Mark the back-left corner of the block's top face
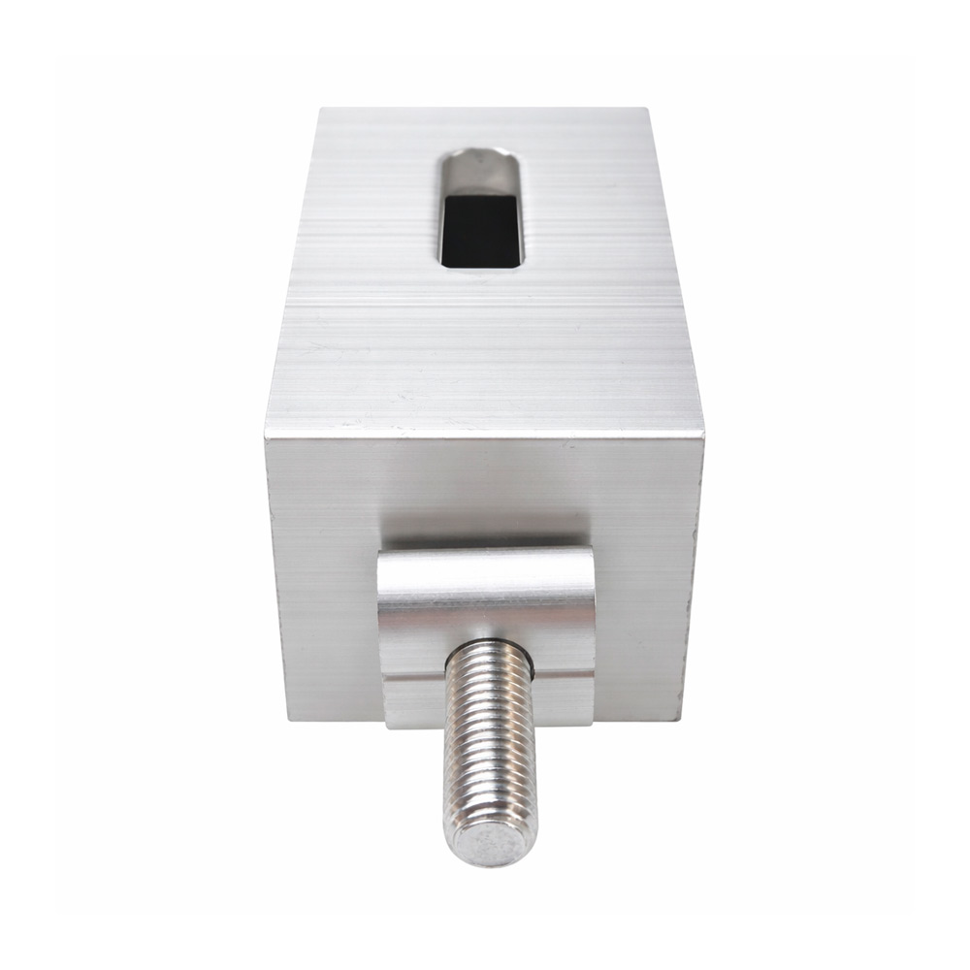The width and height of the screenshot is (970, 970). tap(321, 110)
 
